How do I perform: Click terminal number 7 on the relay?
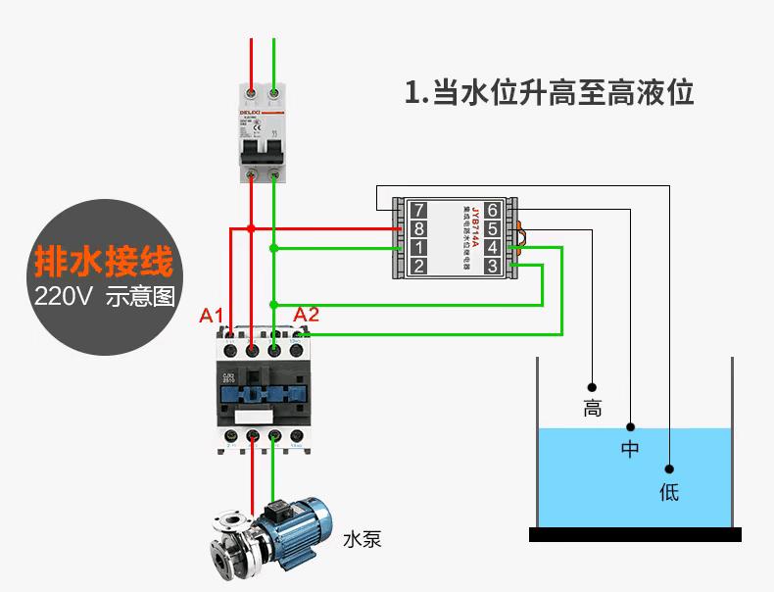418,210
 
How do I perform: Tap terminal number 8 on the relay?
418,228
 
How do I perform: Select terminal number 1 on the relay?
418,247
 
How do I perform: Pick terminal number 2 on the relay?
418,266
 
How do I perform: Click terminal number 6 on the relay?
492,210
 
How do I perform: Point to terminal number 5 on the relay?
492,228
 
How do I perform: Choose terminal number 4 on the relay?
492,247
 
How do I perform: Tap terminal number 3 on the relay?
492,266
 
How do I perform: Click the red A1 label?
213,315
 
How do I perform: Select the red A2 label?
307,315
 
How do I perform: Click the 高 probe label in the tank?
592,409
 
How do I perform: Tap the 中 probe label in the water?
630,450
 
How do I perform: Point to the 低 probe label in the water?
669,492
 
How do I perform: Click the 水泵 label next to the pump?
362,539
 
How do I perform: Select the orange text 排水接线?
104,262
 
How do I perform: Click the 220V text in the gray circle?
63,297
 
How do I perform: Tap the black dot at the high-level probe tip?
592,385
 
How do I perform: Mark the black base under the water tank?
635,534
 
